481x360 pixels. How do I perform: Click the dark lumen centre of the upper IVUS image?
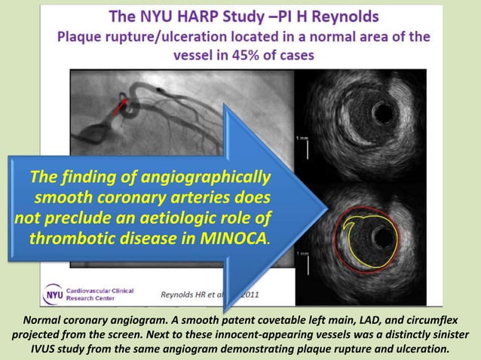coord(384,113)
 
